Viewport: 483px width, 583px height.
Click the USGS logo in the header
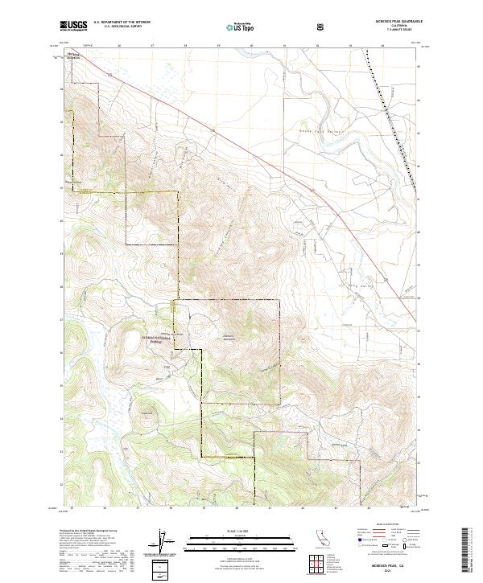73,27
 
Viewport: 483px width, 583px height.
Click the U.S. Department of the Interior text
121,22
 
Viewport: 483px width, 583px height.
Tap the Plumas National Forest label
159,339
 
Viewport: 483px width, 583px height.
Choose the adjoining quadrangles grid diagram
320,562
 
